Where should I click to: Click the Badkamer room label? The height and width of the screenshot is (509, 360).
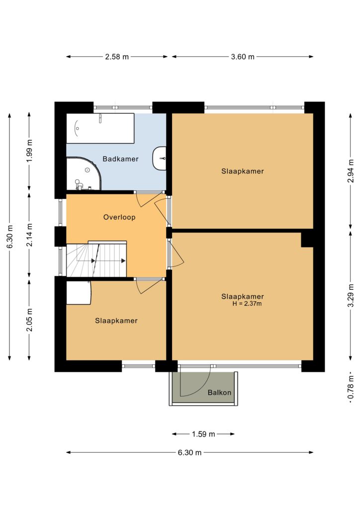120,159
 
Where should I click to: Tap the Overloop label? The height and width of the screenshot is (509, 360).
119,217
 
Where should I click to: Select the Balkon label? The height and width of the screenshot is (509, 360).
219,393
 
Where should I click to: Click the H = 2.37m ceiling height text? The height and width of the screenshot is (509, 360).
247,304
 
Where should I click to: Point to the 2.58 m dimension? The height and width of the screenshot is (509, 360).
117,57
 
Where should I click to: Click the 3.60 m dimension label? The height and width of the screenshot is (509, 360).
243,57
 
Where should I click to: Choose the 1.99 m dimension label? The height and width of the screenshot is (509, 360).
29,151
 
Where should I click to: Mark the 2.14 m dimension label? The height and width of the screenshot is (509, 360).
29,235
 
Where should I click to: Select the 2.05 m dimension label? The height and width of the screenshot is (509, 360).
29,320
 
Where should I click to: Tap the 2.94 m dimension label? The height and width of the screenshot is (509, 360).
351,171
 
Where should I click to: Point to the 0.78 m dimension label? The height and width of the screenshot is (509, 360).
351,388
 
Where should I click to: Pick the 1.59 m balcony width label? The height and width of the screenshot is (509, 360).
203,434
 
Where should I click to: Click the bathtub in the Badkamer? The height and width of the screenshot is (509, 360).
100,128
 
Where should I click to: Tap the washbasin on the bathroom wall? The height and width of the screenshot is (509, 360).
160,159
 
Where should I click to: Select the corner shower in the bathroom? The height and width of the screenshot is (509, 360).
84,173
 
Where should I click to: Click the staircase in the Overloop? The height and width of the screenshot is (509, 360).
96,259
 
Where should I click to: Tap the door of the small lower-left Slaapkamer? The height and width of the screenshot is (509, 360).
149,286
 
